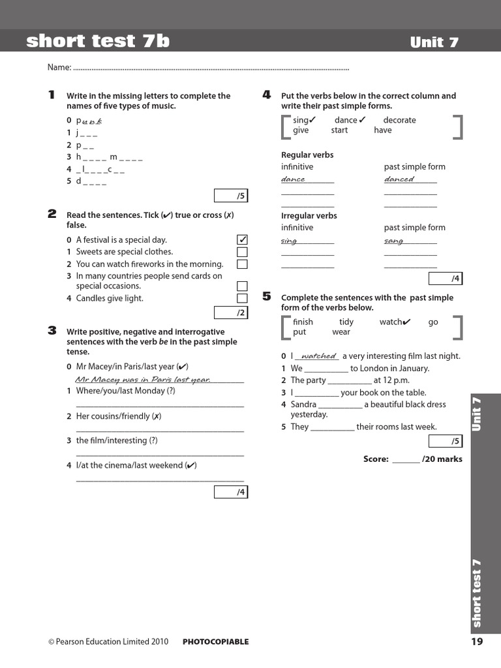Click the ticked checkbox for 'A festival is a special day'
242,239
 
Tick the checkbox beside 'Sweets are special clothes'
242,252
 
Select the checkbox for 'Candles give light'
242,298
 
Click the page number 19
476,641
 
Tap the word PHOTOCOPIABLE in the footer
215,642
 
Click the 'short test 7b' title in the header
98,41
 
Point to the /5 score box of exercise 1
231,196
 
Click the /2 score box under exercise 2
231,313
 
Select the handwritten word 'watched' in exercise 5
318,356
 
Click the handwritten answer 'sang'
394,241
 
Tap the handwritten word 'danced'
399,179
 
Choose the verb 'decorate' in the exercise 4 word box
399,120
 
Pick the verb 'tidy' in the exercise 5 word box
346,322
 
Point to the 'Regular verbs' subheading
307,155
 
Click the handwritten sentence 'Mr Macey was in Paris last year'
143,380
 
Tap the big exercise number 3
52,331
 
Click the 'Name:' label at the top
59,68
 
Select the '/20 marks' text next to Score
442,459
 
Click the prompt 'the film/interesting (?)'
117,440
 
